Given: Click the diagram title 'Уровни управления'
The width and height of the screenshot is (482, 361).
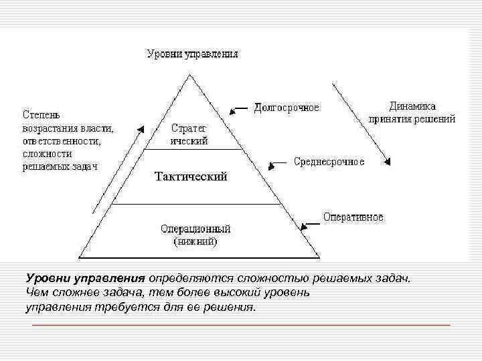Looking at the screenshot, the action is tap(192, 54).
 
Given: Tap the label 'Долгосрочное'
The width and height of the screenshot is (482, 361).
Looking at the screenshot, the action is tap(287, 108).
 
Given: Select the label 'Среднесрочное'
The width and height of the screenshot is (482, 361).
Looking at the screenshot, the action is tap(329, 162).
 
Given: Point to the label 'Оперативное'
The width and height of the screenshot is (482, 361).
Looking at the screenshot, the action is tap(353, 217).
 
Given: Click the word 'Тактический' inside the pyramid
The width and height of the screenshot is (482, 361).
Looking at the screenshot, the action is tap(191, 176).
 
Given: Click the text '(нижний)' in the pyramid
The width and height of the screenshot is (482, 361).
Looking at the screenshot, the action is tap(195, 241).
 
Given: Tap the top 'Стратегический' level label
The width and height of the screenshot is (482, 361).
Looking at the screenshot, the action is tap(189, 134).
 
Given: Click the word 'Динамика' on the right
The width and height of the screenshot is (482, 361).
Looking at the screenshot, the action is tap(412, 106).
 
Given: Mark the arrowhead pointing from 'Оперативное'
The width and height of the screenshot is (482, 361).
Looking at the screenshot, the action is tap(303, 227).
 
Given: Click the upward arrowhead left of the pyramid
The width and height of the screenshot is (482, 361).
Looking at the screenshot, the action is tap(143, 127).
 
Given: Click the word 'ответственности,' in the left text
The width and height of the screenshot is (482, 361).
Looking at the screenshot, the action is tap(61, 141).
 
